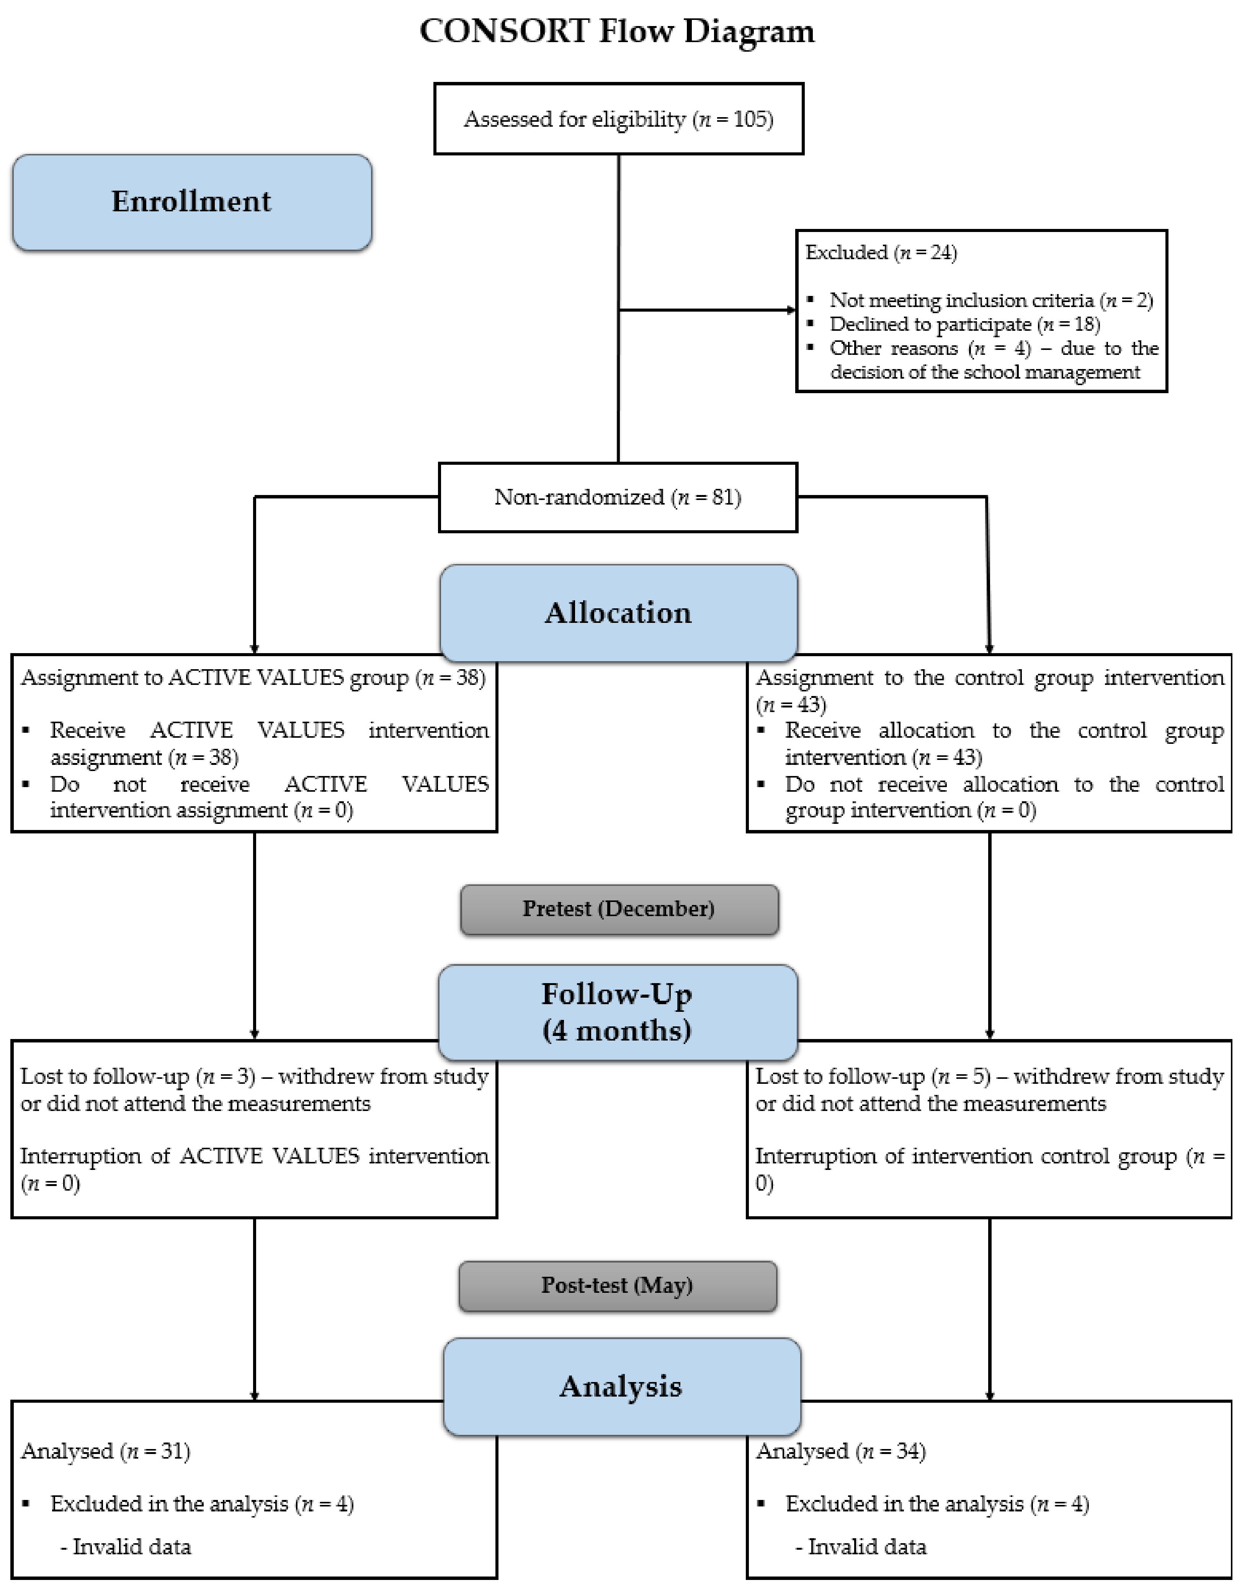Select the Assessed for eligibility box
[618, 119]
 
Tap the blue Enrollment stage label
[192, 202]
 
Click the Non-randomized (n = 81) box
[618, 497]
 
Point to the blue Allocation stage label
[618, 613]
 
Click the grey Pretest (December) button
[619, 909]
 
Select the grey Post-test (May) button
[618, 1286]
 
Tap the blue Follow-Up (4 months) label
[618, 1012]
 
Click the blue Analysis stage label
[621, 1386]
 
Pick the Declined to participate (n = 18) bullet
[964, 324]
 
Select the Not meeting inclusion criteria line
[990, 300]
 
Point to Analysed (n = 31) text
[105, 1451]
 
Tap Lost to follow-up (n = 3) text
[138, 1076]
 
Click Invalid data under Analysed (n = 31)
[131, 1547]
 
